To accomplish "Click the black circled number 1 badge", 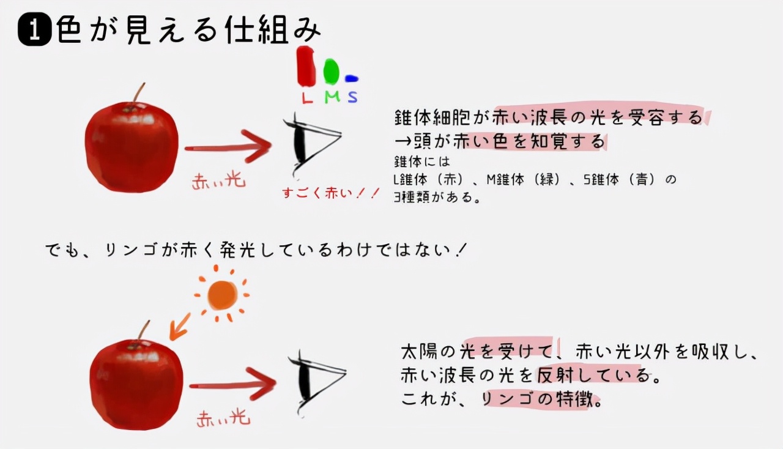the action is point(35,29).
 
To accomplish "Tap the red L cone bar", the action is point(306,66).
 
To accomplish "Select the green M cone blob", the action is point(331,72).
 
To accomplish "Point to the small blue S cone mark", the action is point(351,79).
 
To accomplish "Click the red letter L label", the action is point(307,97).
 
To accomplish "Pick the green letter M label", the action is point(332,97).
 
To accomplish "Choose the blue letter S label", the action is point(353,97).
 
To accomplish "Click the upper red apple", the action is point(132,147).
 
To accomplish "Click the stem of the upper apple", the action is point(139,92).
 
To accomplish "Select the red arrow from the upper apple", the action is point(228,147).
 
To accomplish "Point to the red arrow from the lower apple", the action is point(233,385).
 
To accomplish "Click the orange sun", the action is point(222,295).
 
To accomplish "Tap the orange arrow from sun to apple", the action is point(180,327).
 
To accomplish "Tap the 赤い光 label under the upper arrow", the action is point(218,182).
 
